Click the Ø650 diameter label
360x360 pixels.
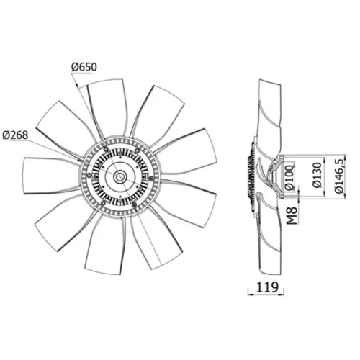click(x=84, y=67)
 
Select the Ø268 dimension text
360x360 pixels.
click(x=15, y=135)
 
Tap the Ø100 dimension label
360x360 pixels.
click(x=290, y=177)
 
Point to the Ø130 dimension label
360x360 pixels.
click(x=317, y=176)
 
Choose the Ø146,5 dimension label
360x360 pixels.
click(x=340, y=176)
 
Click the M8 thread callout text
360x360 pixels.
click(x=292, y=216)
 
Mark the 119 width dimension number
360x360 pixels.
click(x=267, y=287)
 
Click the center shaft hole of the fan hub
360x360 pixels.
click(x=119, y=177)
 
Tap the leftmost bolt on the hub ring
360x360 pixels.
click(x=89, y=175)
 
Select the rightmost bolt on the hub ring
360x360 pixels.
click(x=151, y=179)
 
